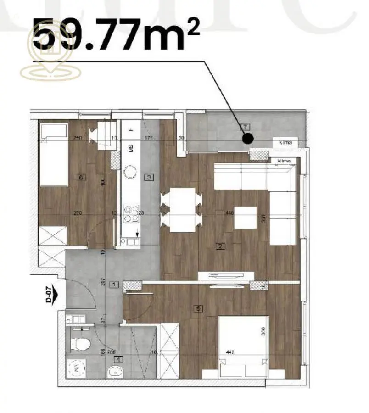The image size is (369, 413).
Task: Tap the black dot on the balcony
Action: (x=247, y=138)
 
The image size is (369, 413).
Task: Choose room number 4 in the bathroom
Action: (x=119, y=359)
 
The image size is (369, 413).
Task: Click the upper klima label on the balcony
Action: (x=285, y=143)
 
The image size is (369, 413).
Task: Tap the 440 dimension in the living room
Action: (x=229, y=213)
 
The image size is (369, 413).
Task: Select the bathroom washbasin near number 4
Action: (x=113, y=372)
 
